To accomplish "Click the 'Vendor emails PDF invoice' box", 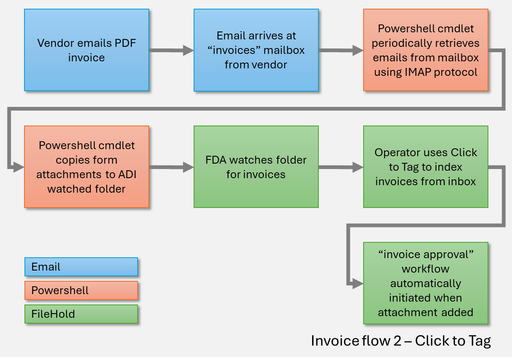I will coord(86,50).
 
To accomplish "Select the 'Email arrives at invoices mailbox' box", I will coord(256,50).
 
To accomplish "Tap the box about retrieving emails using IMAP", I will coord(425,50).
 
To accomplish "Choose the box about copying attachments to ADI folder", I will coord(86,167).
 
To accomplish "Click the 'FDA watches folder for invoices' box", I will coord(256,167).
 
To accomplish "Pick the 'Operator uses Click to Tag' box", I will coord(425,167).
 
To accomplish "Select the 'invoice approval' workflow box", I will coord(425,283).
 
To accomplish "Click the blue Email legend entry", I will coord(81,267).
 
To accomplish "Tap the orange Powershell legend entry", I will coord(81,290).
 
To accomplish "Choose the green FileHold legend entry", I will coord(81,314).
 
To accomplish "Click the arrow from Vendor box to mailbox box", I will coord(171,51).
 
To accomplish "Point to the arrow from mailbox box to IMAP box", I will coord(340,51).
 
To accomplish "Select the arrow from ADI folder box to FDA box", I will coord(171,167).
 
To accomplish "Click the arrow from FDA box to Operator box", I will coord(340,167).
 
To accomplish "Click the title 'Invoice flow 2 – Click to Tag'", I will coord(400,341).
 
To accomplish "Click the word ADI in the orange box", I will coord(127,174).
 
